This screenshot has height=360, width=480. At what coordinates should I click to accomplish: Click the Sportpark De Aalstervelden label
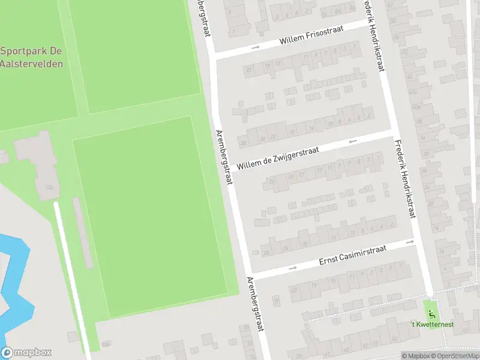click(x=31, y=57)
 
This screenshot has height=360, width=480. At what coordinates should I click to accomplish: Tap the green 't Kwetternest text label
click(x=432, y=325)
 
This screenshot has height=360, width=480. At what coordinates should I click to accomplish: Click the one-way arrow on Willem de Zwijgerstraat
click(x=352, y=142)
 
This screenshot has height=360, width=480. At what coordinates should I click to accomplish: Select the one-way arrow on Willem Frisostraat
click(x=256, y=47)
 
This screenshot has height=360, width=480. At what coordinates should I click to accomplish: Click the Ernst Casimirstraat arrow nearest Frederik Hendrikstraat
click(x=409, y=242)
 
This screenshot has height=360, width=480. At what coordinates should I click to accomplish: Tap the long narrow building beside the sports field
click(x=83, y=231)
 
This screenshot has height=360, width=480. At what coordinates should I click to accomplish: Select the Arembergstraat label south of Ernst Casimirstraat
click(x=256, y=312)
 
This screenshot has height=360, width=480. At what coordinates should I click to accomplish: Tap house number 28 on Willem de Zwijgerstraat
click(x=243, y=143)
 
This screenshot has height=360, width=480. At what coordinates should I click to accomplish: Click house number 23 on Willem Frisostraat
click(x=248, y=70)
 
